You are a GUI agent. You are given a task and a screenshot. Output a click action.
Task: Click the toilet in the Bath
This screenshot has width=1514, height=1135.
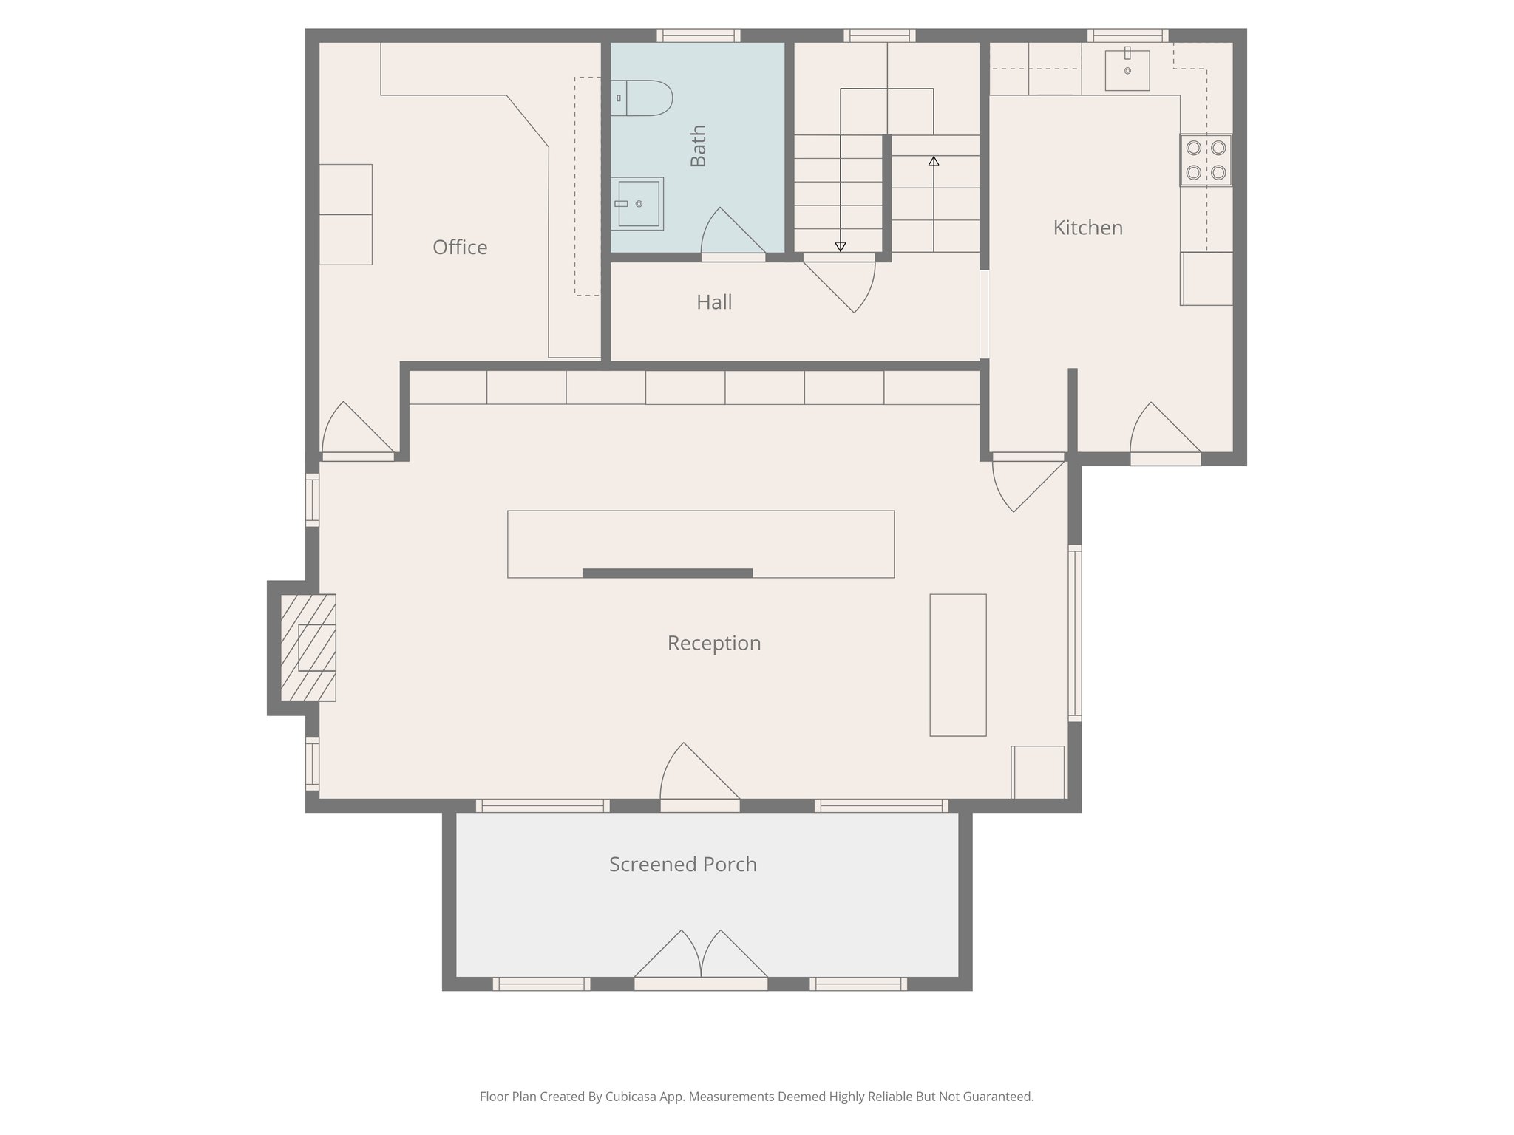(643, 98)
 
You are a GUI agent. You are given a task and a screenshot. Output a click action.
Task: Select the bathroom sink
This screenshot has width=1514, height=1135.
(638, 203)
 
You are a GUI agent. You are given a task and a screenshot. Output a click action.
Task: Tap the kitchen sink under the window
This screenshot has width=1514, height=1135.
(1127, 70)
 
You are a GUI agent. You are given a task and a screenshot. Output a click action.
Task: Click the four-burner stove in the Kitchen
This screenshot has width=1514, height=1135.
(1205, 160)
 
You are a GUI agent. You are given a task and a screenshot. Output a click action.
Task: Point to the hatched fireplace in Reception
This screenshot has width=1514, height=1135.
(308, 647)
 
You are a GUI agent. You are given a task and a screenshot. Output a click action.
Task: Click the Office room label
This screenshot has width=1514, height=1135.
(460, 248)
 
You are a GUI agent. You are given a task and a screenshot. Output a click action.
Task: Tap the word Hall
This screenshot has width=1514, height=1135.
(714, 302)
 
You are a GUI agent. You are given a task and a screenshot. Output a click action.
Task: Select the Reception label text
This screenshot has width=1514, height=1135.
(714, 644)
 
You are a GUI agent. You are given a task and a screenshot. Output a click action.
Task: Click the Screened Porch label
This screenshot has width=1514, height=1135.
(683, 865)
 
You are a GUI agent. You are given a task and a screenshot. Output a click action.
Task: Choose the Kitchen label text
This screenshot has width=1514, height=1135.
(1087, 228)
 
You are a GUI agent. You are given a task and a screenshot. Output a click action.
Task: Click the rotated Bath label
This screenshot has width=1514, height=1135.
(699, 146)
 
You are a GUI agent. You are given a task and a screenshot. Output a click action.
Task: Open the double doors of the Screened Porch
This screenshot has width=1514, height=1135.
(701, 961)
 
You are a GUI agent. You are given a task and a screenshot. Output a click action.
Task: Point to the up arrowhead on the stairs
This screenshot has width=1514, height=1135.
(934, 160)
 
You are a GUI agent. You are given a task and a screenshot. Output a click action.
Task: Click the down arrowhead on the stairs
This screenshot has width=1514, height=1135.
(841, 247)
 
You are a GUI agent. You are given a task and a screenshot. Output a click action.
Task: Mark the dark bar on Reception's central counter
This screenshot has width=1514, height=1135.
(668, 573)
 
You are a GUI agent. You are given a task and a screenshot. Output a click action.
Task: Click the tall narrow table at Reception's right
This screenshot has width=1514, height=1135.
(957, 665)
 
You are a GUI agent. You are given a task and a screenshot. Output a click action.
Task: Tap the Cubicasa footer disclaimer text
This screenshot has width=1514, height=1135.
(756, 1097)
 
